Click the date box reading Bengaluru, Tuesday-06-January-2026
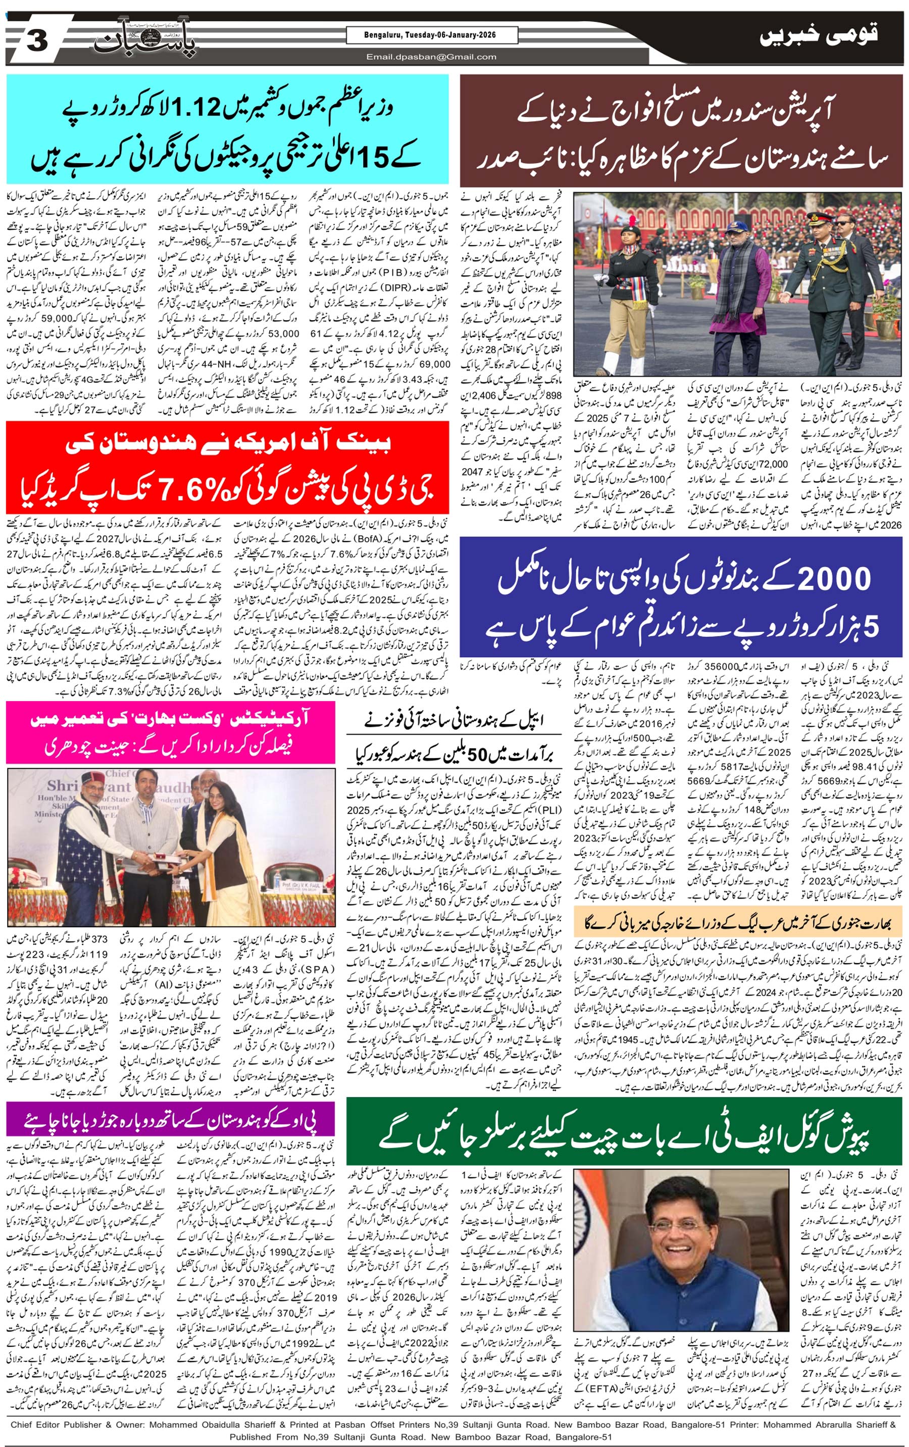pyautogui.click(x=431, y=35)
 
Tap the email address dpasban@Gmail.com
pyautogui.click(x=431, y=57)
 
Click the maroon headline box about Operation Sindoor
pyautogui.click(x=681, y=130)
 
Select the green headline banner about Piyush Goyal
pyautogui.click(x=623, y=1131)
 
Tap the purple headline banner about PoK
pyautogui.click(x=170, y=1118)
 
